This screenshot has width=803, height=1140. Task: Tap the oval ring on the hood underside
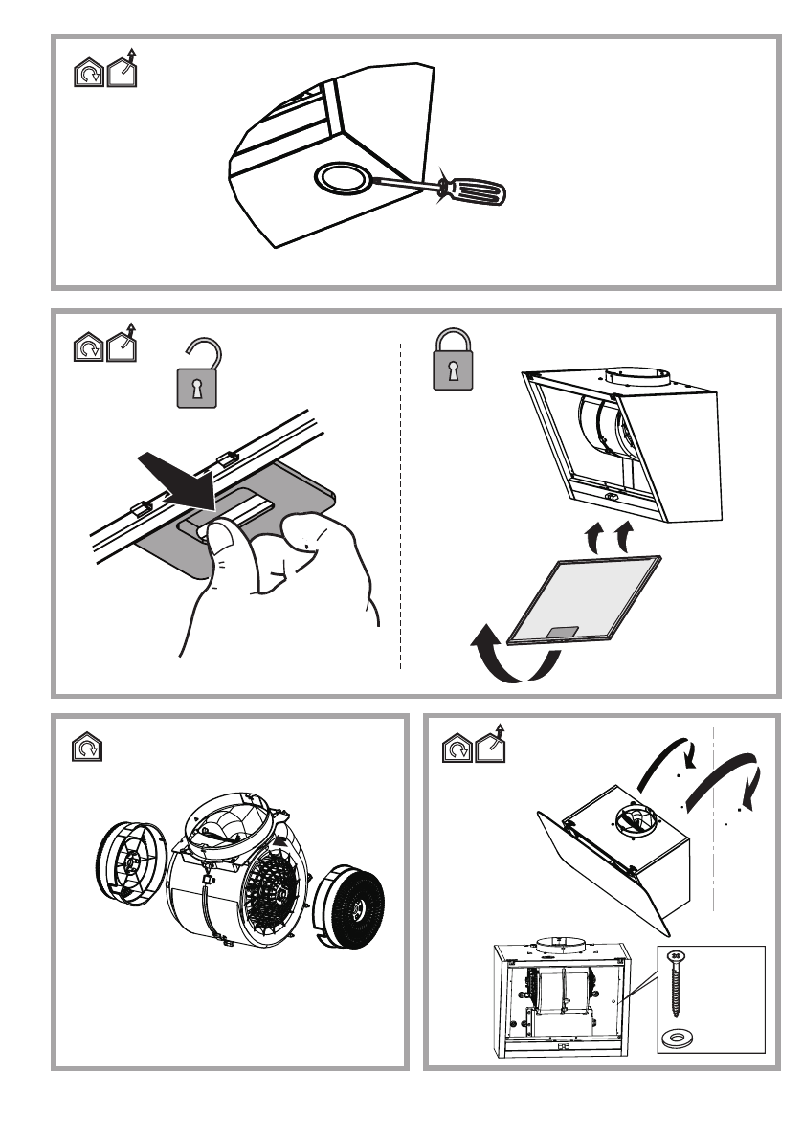[x=341, y=178]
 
